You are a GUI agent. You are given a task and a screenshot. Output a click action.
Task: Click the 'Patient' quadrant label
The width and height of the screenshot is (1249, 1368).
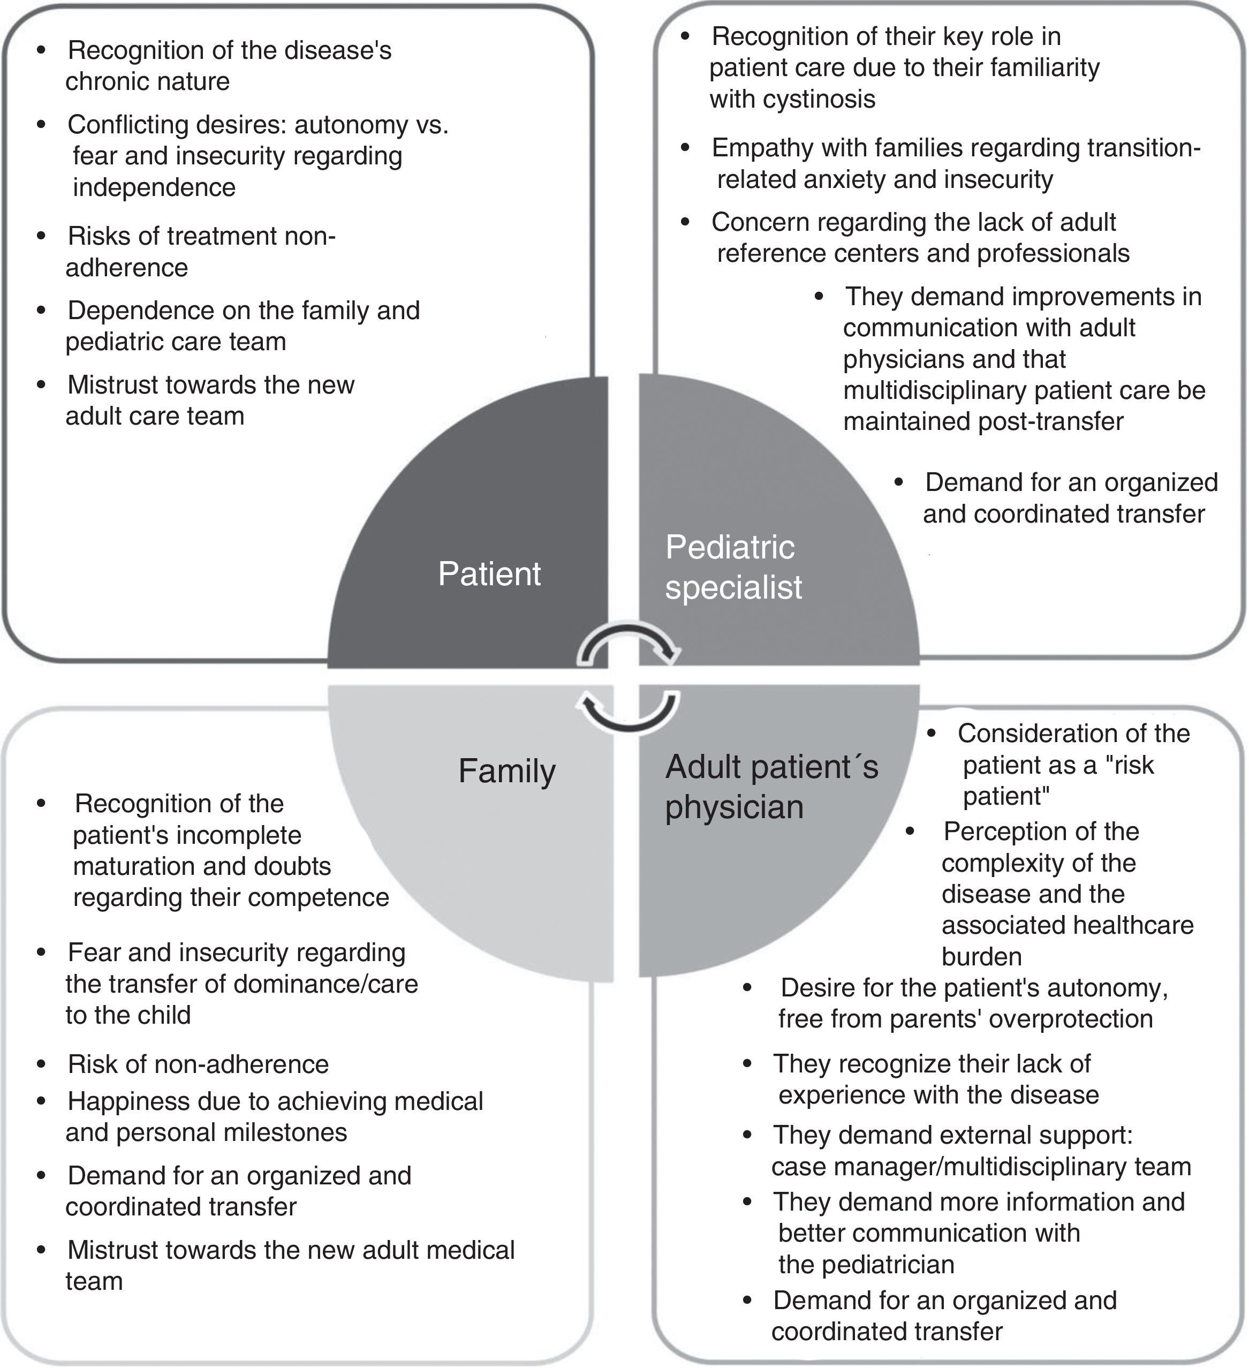(489, 574)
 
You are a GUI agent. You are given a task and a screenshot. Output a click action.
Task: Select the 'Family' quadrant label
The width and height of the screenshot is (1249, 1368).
(507, 771)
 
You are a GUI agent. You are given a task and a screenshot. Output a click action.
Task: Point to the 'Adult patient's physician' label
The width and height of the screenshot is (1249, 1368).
(771, 787)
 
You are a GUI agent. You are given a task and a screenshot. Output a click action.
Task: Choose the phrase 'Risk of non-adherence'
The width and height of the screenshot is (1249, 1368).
(198, 1063)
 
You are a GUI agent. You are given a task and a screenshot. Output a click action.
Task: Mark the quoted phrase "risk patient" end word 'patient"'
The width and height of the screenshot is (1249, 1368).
(1006, 796)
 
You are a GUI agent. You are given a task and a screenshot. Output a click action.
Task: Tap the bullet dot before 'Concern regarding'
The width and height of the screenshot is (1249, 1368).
(686, 221)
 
